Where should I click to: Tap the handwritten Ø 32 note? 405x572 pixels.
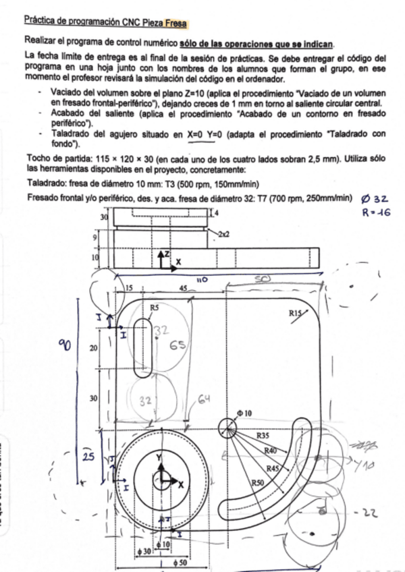[x=375, y=199]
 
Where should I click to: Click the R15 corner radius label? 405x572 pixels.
[x=296, y=313]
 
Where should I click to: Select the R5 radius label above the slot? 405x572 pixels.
[x=155, y=308]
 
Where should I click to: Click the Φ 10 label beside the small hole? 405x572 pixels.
[x=244, y=412]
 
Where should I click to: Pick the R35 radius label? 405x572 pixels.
[x=264, y=436]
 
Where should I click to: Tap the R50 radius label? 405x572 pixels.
[x=257, y=483]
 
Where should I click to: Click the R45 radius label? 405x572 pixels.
[x=273, y=468]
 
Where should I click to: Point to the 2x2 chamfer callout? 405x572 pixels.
[x=224, y=233]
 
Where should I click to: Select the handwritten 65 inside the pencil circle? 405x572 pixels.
[x=177, y=346]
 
